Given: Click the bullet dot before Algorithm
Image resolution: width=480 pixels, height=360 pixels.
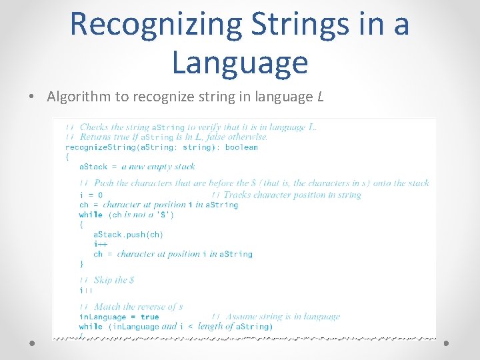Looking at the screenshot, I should click(x=33, y=97).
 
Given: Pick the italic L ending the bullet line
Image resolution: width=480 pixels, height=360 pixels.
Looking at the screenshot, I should click(x=321, y=97).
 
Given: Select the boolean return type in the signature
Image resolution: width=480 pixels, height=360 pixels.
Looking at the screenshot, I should click(x=241, y=147).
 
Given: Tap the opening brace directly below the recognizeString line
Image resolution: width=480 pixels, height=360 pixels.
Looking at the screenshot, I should click(x=67, y=157).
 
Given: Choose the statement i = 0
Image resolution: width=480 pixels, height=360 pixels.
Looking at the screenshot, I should click(x=91, y=195).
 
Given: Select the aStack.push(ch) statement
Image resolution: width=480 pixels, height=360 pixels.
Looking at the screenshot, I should click(x=128, y=235).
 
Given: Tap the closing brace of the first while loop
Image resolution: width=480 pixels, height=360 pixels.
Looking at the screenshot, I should click(x=82, y=264).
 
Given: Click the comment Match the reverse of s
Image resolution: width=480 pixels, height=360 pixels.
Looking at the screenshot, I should click(x=138, y=307).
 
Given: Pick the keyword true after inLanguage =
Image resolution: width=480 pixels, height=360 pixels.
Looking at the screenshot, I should click(x=150, y=317).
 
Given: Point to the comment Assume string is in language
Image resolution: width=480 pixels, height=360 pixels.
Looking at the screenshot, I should click(x=283, y=317).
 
